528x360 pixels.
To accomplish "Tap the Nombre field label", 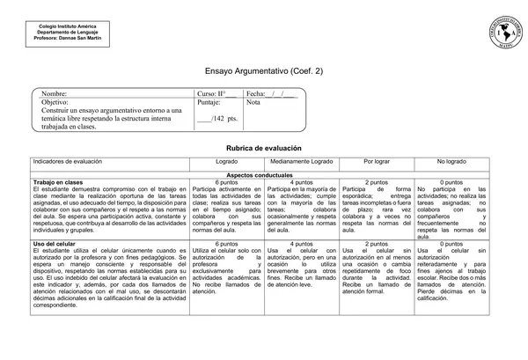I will (x=54, y=93).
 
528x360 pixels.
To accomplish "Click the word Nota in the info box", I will (x=254, y=102).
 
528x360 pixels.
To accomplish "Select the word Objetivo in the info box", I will (x=55, y=102).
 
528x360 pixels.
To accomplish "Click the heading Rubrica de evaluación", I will (x=264, y=150).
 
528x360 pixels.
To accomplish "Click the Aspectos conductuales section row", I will (x=264, y=175).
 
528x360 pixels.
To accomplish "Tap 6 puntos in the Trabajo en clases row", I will (x=226, y=182).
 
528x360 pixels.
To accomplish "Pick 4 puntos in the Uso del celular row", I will (x=302, y=243).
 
